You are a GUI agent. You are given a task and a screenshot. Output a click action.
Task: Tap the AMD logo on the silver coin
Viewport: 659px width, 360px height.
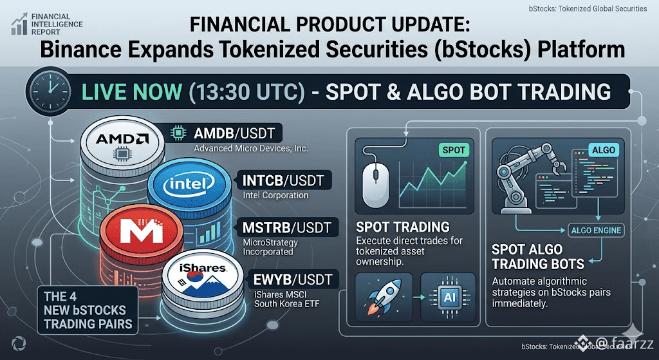pos(122,138)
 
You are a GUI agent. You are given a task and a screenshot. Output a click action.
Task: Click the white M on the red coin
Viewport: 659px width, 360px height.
pos(141,229)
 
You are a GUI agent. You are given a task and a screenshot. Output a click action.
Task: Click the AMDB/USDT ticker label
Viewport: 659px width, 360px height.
pos(234,134)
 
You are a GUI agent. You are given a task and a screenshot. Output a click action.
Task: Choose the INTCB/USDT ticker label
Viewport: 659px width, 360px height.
pos(284,180)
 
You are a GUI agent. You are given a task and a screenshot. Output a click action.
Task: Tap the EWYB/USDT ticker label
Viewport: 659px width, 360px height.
pos(293,279)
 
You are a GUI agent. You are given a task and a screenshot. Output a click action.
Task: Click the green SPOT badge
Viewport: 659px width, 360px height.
pos(454,149)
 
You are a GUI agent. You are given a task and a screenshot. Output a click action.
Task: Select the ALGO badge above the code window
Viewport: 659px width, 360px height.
pos(603,149)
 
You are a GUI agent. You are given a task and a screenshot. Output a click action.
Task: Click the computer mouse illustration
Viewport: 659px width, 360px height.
pos(376,184)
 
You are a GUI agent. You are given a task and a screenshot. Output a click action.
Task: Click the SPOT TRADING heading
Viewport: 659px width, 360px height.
pos(403,227)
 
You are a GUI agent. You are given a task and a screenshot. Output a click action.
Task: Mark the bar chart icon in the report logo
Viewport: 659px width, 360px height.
pos(20,24)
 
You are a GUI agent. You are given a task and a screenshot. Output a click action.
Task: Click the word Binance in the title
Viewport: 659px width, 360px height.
pos(88,50)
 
